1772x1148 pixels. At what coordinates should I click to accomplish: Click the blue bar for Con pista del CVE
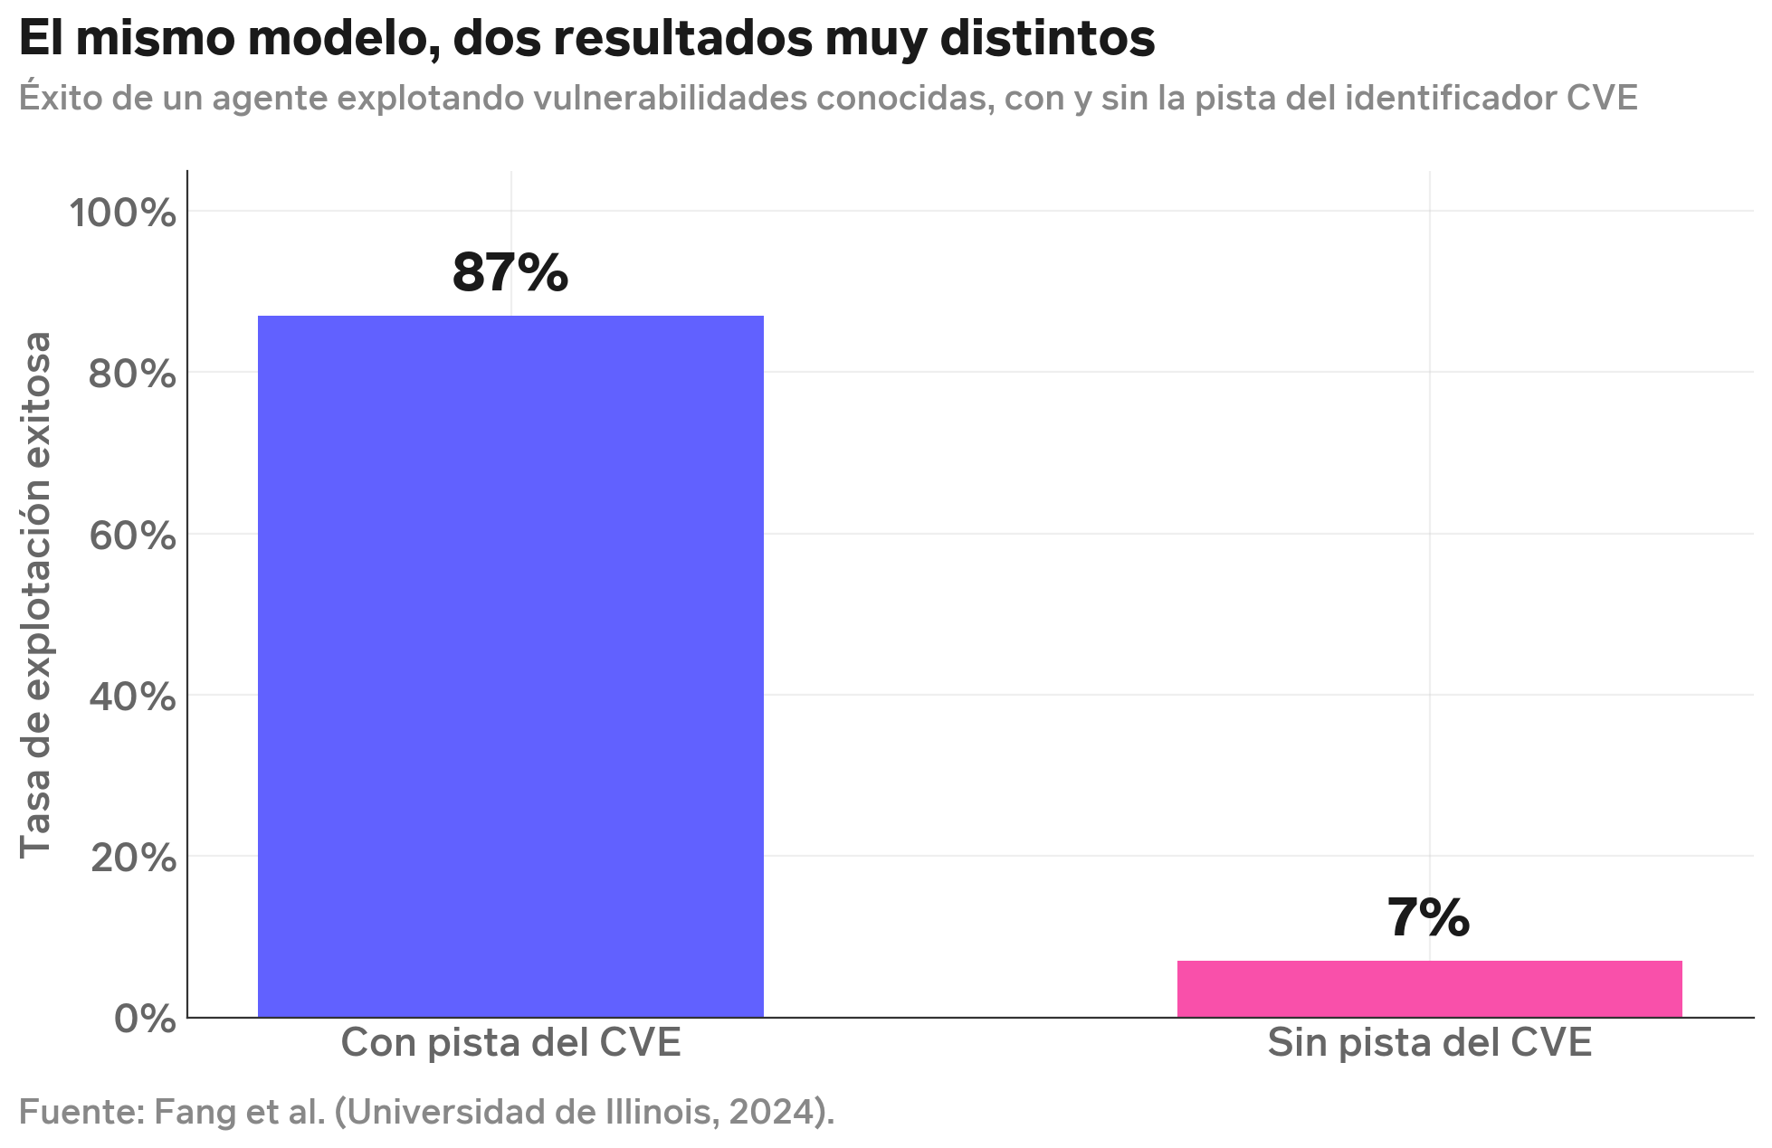[x=510, y=666]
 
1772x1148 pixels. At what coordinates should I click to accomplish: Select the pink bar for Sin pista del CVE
[x=1429, y=988]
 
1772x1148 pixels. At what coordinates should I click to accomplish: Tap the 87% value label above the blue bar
[x=510, y=272]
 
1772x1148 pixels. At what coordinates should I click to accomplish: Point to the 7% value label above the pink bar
[x=1428, y=917]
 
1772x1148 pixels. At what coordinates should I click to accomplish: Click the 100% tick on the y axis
[x=122, y=213]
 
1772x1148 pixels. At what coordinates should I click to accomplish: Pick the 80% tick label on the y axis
[x=132, y=374]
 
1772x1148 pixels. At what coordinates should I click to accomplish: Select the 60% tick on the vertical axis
[x=132, y=536]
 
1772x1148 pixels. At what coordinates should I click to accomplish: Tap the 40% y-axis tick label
[x=132, y=697]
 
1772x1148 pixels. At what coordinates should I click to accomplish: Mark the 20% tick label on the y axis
[x=132, y=858]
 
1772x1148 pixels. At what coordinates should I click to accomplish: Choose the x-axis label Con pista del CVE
[x=510, y=1043]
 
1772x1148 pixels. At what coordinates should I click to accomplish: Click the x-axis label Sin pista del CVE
[x=1429, y=1043]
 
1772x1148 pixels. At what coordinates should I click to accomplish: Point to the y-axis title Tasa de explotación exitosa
[x=36, y=594]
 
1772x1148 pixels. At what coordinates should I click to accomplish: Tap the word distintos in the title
[x=1047, y=39]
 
